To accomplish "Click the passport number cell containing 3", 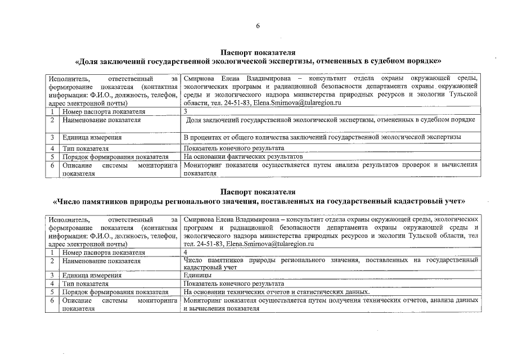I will pos(186,111).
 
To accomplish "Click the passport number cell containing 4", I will pos(186,253).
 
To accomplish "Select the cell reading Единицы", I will pos(197,276).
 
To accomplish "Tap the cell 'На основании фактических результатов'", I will pos(244,156).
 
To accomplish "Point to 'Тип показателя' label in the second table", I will pos(86,284).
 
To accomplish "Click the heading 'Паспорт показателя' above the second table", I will pos(258,192).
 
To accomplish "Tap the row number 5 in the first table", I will pos(51,156).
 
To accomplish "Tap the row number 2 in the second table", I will pos(51,261).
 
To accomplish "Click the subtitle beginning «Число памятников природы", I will pos(258,201).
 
